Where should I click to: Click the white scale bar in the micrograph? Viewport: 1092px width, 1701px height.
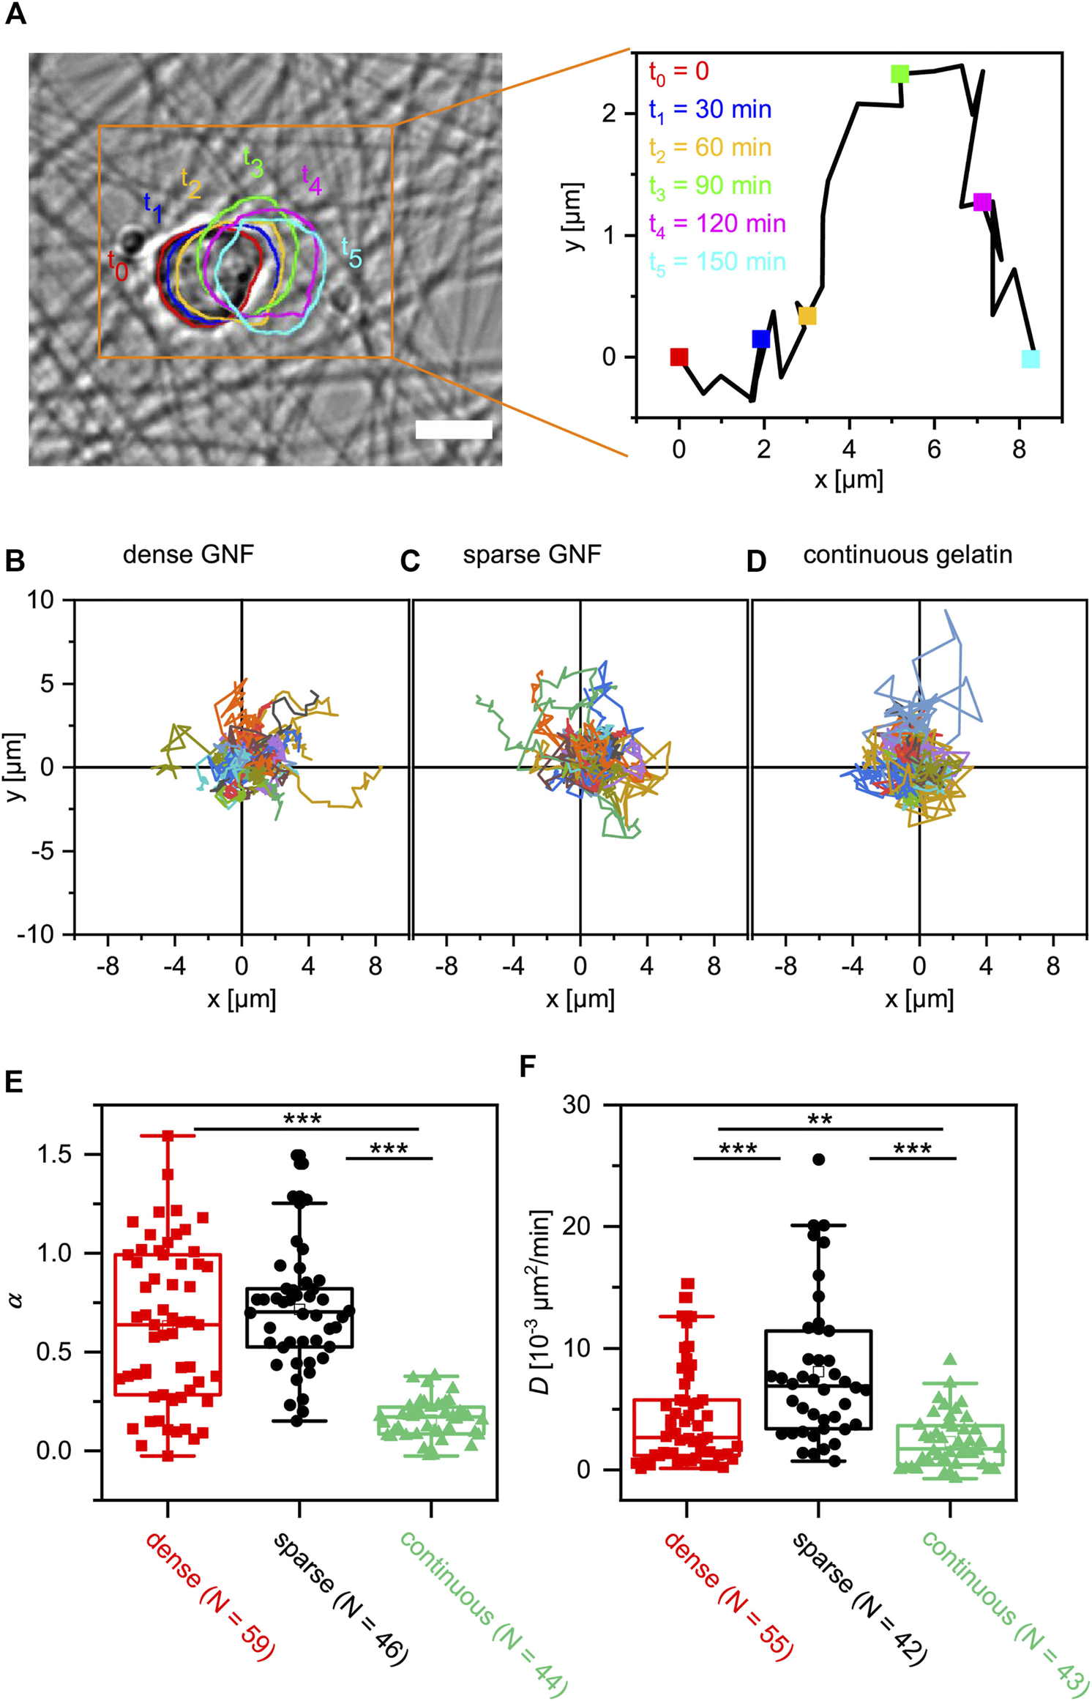pyautogui.click(x=453, y=429)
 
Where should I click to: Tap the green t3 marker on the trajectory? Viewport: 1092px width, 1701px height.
pyautogui.click(x=900, y=74)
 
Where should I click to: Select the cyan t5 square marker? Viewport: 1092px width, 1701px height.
pyautogui.click(x=1030, y=359)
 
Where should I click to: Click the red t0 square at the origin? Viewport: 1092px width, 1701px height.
pyautogui.click(x=678, y=357)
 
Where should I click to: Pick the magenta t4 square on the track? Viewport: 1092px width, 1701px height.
pyautogui.click(x=981, y=202)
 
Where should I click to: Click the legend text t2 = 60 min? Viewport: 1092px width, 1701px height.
pyautogui.click(x=710, y=148)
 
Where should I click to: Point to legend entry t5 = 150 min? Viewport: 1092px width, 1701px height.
pyautogui.click(x=717, y=262)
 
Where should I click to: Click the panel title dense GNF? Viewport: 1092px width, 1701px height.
pyautogui.click(x=188, y=554)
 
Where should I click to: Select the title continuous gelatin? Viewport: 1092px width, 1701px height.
pyautogui.click(x=907, y=554)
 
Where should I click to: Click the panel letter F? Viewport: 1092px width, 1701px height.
pyautogui.click(x=527, y=1067)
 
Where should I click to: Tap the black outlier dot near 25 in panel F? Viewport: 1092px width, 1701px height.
pyautogui.click(x=818, y=1159)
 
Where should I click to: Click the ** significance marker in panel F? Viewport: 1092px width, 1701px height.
pyautogui.click(x=819, y=1120)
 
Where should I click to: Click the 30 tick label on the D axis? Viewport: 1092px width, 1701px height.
pyautogui.click(x=576, y=1104)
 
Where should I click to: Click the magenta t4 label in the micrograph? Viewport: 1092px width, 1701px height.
pyautogui.click(x=312, y=180)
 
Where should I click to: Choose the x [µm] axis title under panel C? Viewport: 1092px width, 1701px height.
pyautogui.click(x=580, y=998)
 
